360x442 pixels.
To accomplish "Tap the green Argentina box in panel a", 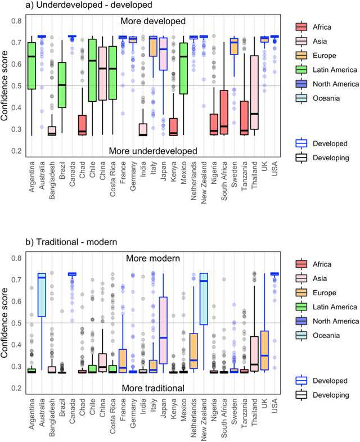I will [32, 65].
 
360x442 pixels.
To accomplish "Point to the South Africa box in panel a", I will [223, 112].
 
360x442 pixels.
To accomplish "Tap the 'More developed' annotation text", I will [153, 21].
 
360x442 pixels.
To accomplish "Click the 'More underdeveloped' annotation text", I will [153, 151].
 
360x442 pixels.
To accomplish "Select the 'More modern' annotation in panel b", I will [153, 259].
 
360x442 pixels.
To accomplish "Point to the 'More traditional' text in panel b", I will [153, 387].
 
